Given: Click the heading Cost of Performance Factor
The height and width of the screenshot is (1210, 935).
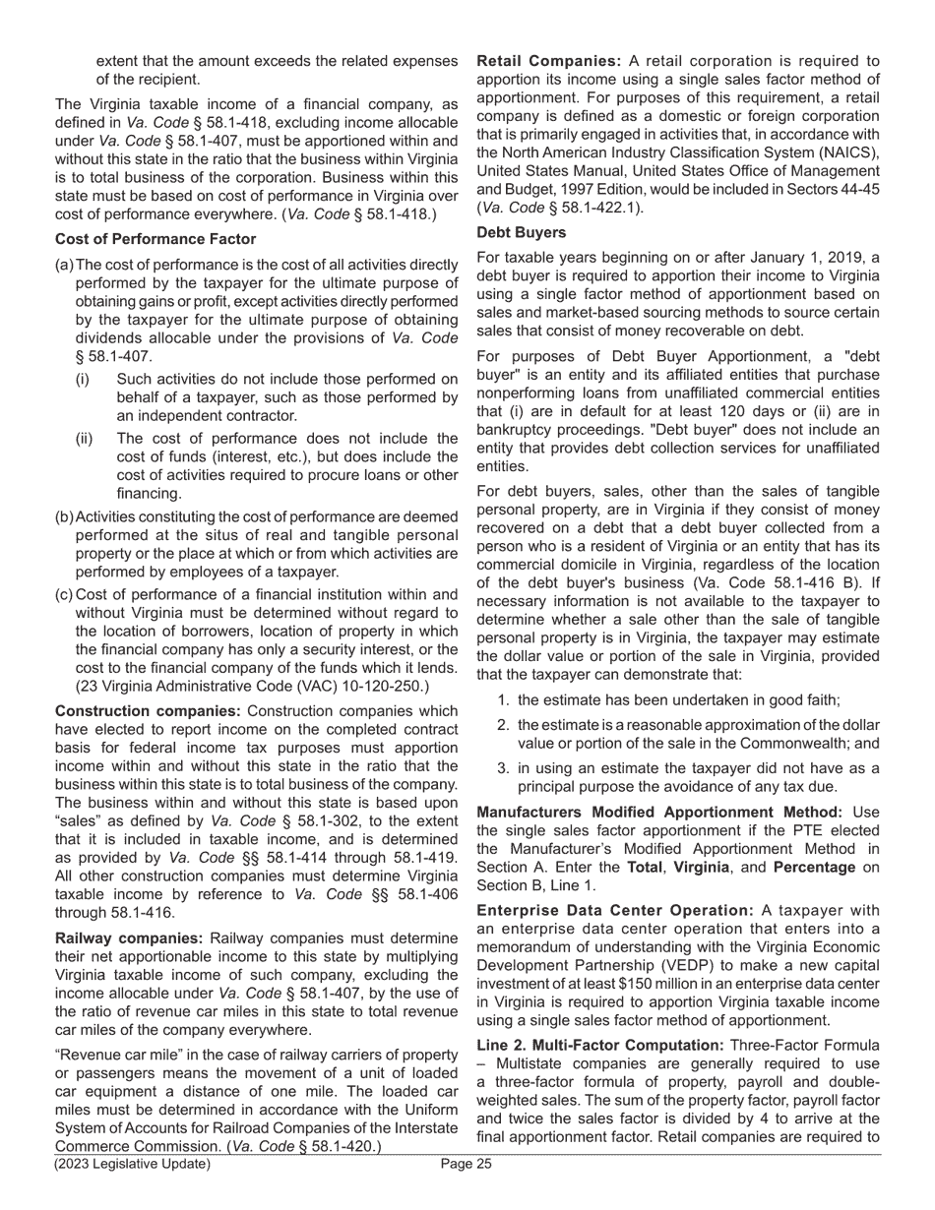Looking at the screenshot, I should (x=156, y=239).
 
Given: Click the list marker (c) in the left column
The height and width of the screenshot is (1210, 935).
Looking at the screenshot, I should (x=64, y=595).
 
